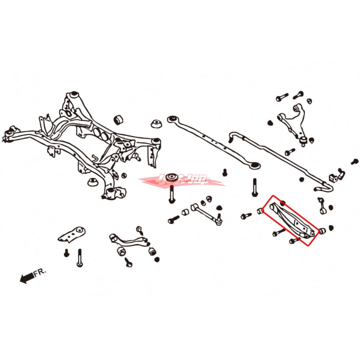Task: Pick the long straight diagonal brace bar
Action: tap(213, 141)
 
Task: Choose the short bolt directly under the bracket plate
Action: tap(67, 253)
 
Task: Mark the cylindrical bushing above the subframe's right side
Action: tap(119, 120)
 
